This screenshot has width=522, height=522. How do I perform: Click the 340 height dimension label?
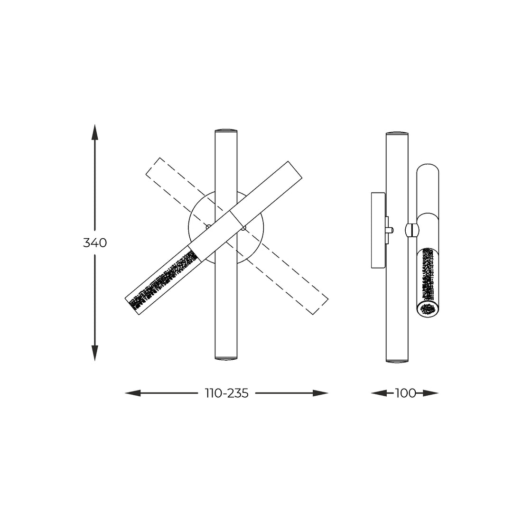click(x=95, y=242)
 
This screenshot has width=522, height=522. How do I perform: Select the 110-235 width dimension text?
click(x=227, y=393)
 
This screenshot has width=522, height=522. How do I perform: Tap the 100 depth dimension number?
click(x=405, y=393)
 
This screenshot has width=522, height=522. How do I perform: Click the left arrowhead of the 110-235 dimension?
click(x=133, y=393)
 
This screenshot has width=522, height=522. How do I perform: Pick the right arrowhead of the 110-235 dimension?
click(x=321, y=393)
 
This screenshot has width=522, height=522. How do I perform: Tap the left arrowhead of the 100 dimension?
click(x=379, y=393)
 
